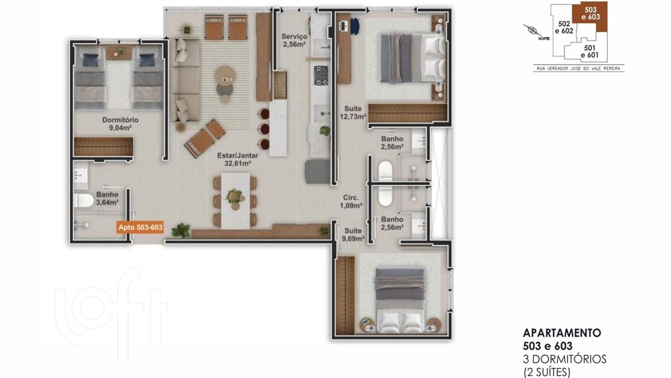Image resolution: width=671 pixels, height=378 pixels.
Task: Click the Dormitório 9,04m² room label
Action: pos(120,124)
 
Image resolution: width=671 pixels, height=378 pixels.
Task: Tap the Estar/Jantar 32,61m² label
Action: pos(237,160)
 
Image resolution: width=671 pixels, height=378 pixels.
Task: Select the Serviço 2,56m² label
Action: pos(294,40)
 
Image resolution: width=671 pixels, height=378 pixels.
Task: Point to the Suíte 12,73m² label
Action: pos(353,112)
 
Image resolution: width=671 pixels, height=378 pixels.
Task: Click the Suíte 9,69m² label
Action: pos(353,235)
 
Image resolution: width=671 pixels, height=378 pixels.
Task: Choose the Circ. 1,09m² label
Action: pos(351,202)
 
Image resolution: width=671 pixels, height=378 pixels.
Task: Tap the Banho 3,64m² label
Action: pos(107,198)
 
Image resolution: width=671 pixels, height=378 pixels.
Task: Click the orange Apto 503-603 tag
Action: pos(140,227)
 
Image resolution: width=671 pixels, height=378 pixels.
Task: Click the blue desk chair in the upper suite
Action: pos(355,26)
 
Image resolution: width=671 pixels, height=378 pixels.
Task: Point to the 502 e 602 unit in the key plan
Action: pos(564,27)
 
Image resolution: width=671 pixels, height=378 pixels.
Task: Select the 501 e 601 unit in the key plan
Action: pos(589,51)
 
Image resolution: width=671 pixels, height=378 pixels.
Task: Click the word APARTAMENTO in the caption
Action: pos(562,333)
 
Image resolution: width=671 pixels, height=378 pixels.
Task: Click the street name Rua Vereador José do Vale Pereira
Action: pos(578,69)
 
